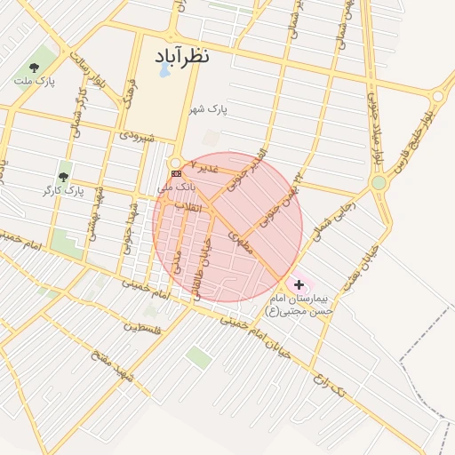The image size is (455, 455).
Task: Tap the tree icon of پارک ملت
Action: [x=34, y=67]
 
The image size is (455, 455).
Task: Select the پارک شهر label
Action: [x=208, y=109]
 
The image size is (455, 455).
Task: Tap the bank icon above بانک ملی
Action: [x=175, y=173]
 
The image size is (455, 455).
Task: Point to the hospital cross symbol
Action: [x=299, y=285]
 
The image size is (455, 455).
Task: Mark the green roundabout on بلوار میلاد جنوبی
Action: [x=379, y=182]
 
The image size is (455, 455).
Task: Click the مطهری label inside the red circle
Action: [x=240, y=241]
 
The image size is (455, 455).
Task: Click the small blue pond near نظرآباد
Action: [x=165, y=70]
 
